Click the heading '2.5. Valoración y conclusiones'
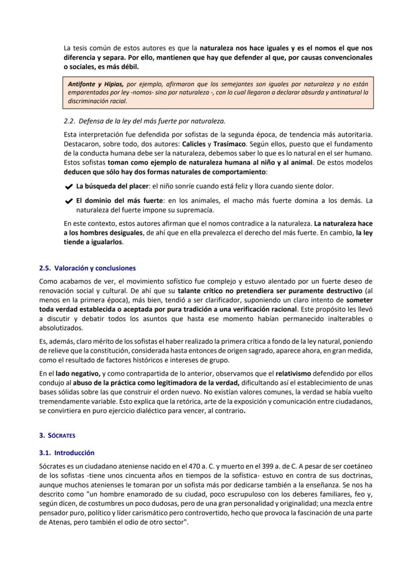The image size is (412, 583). [x=87, y=268]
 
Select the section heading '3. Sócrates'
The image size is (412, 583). [x=57, y=435]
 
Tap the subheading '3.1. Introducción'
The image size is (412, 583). [x=67, y=453]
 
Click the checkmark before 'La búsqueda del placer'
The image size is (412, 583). [x=69, y=187]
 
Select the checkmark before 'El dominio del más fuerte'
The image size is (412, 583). [x=69, y=202]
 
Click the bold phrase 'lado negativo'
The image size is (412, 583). [x=78, y=373]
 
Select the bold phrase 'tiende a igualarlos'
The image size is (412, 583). [x=93, y=242]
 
